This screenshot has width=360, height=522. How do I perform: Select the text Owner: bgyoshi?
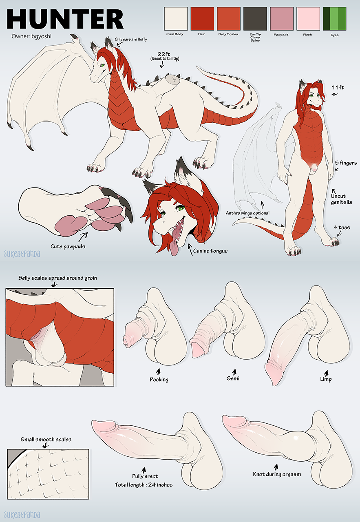click(x=31, y=36)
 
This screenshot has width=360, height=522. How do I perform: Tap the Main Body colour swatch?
click(x=176, y=19)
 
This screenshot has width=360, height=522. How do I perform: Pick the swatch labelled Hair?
click(x=202, y=19)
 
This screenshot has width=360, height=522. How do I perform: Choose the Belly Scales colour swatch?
click(x=229, y=19)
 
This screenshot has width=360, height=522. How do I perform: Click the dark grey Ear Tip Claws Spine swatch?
click(x=255, y=19)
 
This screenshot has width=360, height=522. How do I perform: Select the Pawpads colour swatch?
click(x=281, y=19)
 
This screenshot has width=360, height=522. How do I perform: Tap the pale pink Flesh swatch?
click(x=308, y=19)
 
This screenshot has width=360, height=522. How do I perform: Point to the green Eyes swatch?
click(x=334, y=19)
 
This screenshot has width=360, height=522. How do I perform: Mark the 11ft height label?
click(x=338, y=87)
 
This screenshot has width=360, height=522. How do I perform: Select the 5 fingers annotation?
click(x=346, y=163)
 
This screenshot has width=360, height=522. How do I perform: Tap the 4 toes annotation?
click(x=342, y=227)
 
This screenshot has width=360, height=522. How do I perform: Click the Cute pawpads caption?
click(x=68, y=247)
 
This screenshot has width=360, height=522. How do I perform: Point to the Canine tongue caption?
click(x=210, y=251)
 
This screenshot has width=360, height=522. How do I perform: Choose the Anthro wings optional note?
click(x=247, y=213)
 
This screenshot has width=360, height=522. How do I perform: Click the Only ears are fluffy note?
click(x=131, y=39)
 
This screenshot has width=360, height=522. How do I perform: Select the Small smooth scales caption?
click(x=46, y=440)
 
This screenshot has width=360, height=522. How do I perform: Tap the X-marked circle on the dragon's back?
click(x=174, y=80)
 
